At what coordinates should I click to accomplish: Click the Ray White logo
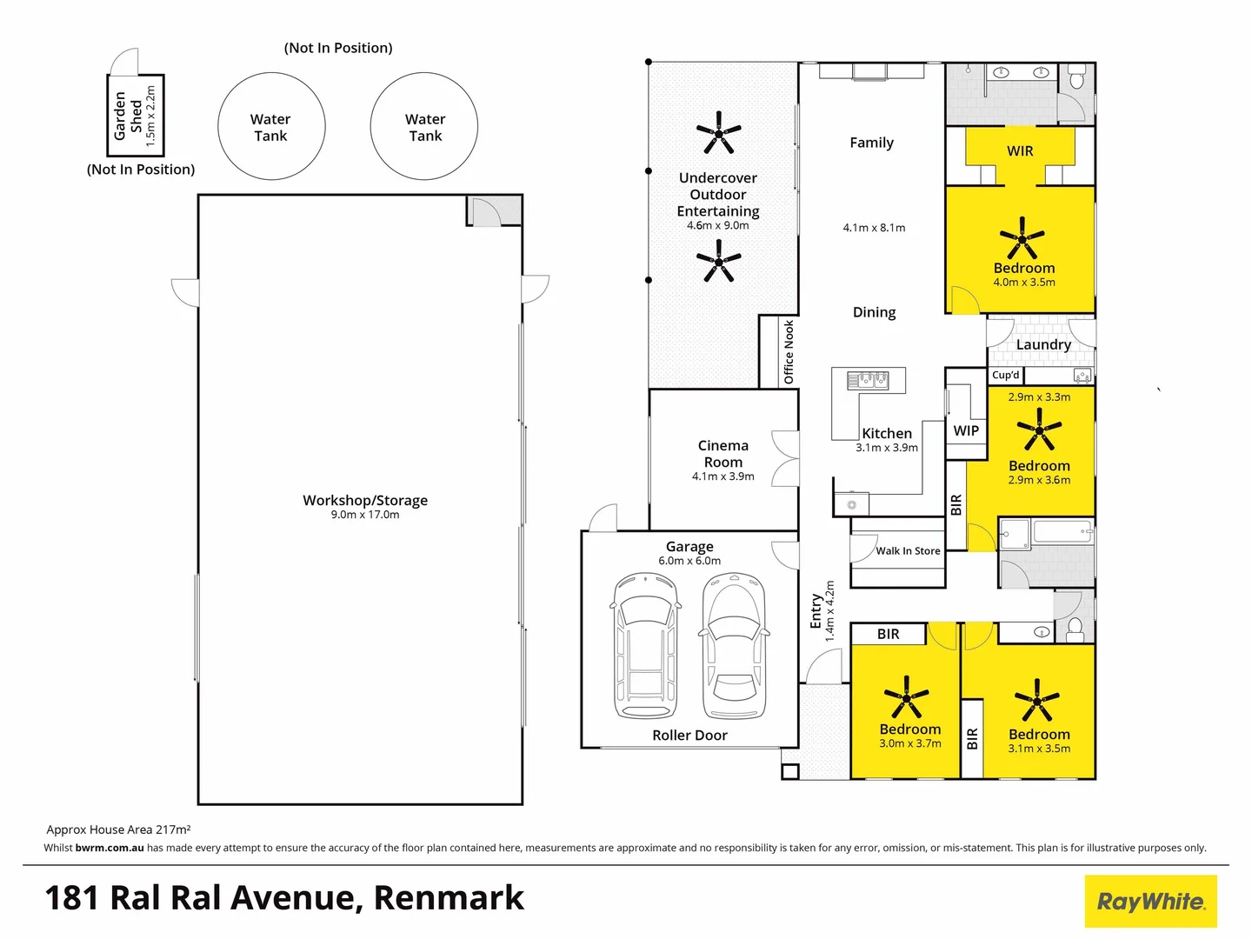pos(1150,901)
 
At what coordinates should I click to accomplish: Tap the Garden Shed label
pos(128,116)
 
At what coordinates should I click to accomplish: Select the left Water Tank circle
pos(270,127)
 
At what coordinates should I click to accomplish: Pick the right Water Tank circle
pos(424,127)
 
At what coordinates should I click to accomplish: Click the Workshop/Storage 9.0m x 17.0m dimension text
pos(365,515)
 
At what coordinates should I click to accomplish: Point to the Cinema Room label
pos(723,454)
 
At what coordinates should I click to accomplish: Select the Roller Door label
pos(689,736)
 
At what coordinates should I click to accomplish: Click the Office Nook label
pos(789,352)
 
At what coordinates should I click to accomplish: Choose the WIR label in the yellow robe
pos(1020,151)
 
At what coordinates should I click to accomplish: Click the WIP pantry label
pos(966,430)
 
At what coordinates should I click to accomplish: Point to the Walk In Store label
pos(908,551)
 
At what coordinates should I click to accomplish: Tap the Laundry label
pos(1043,344)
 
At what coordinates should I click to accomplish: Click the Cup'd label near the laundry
pos(1006,376)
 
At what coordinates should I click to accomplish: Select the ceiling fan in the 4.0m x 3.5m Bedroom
pos(1022,237)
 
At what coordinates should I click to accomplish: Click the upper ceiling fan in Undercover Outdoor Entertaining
pos(718,133)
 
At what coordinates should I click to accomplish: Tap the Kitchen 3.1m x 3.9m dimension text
pos(887,448)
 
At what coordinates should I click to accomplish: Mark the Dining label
pos(874,312)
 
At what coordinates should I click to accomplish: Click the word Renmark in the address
pos(449,898)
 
